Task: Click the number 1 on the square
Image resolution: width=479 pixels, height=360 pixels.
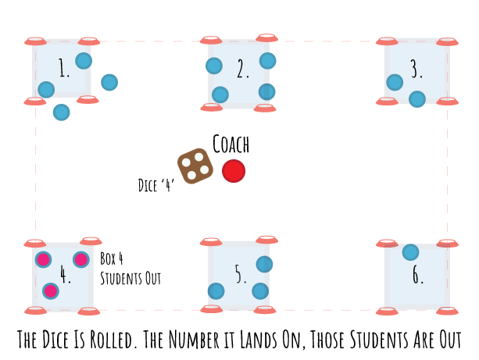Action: [x=64, y=70]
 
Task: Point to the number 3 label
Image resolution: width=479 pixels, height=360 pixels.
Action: [x=416, y=70]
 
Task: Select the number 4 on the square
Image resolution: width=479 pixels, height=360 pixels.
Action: [x=65, y=275]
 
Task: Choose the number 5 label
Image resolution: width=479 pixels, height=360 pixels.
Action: [x=240, y=274]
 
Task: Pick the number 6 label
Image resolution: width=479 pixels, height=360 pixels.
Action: [x=417, y=275]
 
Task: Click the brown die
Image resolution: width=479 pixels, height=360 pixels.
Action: [x=195, y=166]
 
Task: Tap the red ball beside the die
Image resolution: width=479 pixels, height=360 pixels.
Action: [x=234, y=171]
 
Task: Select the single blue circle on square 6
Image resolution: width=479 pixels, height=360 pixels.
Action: [x=410, y=252]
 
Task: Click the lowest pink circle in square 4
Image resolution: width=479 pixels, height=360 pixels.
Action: [x=51, y=291]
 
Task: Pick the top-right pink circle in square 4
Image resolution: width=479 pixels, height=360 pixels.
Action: [x=81, y=259]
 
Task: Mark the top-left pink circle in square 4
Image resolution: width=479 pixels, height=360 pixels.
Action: [x=44, y=259]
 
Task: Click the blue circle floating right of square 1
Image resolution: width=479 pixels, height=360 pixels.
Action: [x=109, y=82]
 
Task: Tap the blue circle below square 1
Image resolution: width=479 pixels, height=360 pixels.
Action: [x=61, y=112]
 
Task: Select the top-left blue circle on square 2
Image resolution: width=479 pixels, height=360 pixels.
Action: [x=214, y=66]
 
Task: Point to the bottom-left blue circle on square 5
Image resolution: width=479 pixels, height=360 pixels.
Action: [x=216, y=291]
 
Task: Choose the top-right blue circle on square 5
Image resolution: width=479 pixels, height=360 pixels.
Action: [x=264, y=264]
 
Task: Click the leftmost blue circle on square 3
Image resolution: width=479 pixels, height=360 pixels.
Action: [x=395, y=82]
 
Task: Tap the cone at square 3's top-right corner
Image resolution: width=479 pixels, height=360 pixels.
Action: [x=447, y=41]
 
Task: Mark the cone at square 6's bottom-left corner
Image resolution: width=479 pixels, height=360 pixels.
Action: [x=387, y=311]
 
